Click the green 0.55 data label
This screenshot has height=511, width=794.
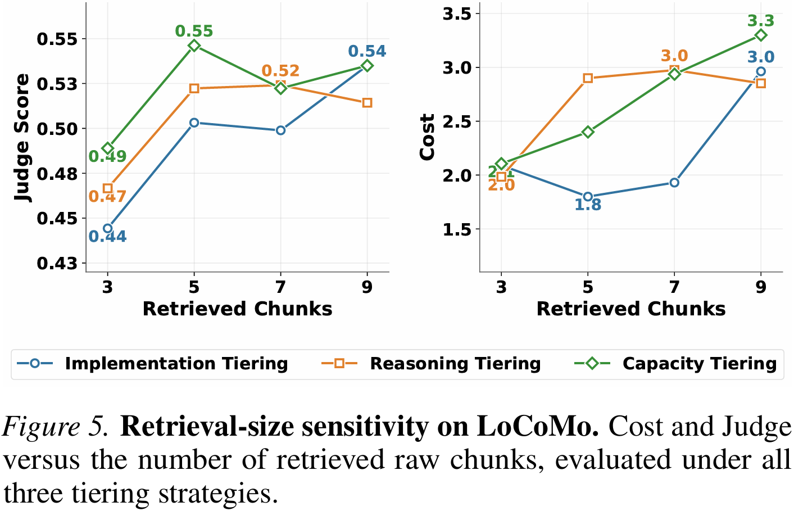[194, 31]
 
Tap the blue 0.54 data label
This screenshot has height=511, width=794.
[367, 52]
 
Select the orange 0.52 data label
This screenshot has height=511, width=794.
[280, 71]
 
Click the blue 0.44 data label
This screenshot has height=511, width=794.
[107, 237]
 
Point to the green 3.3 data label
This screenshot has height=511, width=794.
[761, 21]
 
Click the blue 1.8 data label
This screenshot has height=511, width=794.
[588, 205]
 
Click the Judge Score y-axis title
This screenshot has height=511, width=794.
[22, 138]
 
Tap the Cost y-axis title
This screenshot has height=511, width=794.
[428, 137]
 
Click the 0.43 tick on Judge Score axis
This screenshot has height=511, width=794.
[57, 263]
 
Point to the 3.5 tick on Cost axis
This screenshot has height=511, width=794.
[458, 13]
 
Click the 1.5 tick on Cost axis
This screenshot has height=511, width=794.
[458, 229]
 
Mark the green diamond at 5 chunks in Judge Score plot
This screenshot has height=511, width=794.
[194, 46]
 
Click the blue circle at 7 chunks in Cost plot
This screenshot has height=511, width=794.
[674, 183]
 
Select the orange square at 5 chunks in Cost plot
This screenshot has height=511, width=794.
[588, 78]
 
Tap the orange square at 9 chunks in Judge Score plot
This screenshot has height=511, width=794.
[367, 103]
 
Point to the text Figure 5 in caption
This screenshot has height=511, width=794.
[56, 427]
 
